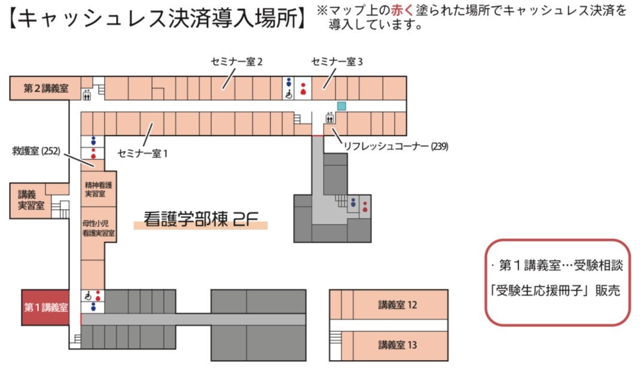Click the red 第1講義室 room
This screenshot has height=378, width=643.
click(45, 307)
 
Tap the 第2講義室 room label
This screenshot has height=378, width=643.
click(45, 88)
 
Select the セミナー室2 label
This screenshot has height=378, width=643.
click(237, 62)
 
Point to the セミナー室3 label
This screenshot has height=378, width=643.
click(337, 62)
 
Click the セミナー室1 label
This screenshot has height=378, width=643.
click(143, 154)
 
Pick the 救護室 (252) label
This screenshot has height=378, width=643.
click(36, 151)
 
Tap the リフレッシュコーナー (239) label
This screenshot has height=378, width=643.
click(396, 146)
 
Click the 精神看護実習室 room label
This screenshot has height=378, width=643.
click(99, 189)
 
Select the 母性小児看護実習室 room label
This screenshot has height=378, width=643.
click(99, 228)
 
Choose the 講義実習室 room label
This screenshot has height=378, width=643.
click(31, 199)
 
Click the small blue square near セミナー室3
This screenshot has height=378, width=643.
click(341, 106)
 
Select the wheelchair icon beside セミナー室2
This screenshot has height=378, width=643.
click(289, 95)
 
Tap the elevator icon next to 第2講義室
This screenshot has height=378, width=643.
click(87, 95)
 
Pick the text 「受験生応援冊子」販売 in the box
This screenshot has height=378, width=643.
click(556, 291)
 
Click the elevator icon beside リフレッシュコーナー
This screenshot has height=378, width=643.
click(330, 118)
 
